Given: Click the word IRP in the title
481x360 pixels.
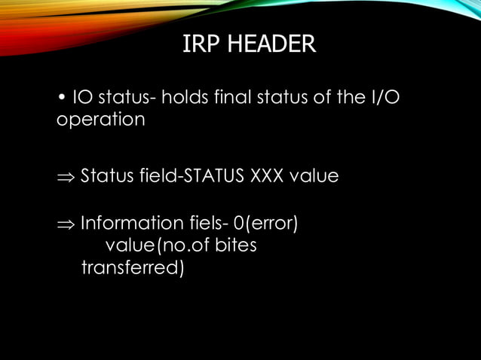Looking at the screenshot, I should pyautogui.click(x=199, y=44).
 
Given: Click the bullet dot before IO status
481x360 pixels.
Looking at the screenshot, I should pyautogui.click(x=61, y=99).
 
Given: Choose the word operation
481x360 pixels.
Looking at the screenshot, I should pyautogui.click(x=101, y=121).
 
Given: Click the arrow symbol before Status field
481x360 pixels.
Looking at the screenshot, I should pyautogui.click(x=66, y=177).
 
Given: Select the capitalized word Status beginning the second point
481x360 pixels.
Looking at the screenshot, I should pyautogui.click(x=105, y=176).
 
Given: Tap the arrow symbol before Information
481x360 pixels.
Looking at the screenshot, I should pyautogui.click(x=66, y=224).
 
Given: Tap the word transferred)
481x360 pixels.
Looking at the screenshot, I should pyautogui.click(x=132, y=267).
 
